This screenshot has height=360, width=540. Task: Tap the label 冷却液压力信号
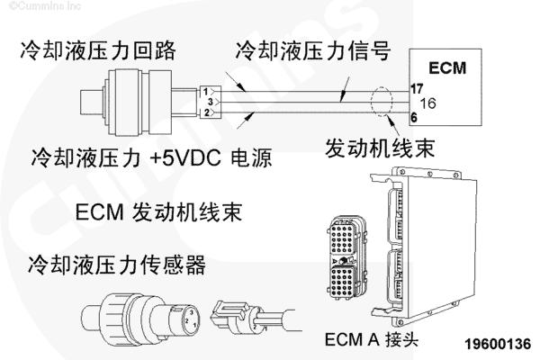point(312,48)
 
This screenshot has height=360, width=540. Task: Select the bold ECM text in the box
point(447,68)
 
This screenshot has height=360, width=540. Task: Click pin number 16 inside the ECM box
point(427,103)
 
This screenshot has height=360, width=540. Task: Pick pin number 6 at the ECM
point(413,117)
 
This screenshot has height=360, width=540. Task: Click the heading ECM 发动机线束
point(161,213)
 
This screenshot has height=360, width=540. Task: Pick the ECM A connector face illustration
point(346,255)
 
